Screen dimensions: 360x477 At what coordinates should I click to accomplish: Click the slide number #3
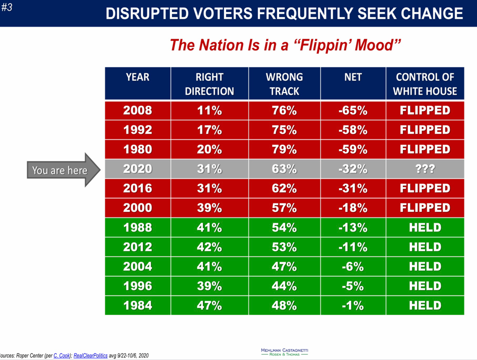tap(7, 8)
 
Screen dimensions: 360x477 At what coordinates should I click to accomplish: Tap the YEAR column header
tap(137, 78)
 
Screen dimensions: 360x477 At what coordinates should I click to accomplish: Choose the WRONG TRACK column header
tap(284, 84)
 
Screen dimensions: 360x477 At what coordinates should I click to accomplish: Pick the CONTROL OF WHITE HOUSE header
tap(424, 84)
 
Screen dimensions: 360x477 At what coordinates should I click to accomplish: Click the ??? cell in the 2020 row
tap(424, 169)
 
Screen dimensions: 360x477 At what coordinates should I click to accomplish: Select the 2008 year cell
tap(137, 110)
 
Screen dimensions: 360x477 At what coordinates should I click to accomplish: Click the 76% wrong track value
tap(284, 110)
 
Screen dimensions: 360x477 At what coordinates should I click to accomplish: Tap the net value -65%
tap(353, 110)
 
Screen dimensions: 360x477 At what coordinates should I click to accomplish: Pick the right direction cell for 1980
tap(209, 149)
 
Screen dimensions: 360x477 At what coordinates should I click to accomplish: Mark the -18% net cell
tap(353, 208)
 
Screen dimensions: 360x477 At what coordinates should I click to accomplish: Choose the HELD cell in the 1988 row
tap(424, 227)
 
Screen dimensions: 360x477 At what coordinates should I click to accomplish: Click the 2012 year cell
tap(137, 247)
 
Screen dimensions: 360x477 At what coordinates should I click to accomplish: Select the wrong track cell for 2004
tap(284, 266)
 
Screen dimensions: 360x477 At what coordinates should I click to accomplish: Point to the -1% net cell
tap(353, 305)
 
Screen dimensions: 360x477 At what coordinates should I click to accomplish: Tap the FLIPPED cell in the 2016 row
tap(424, 188)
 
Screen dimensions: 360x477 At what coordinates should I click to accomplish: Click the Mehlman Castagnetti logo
tap(284, 352)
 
